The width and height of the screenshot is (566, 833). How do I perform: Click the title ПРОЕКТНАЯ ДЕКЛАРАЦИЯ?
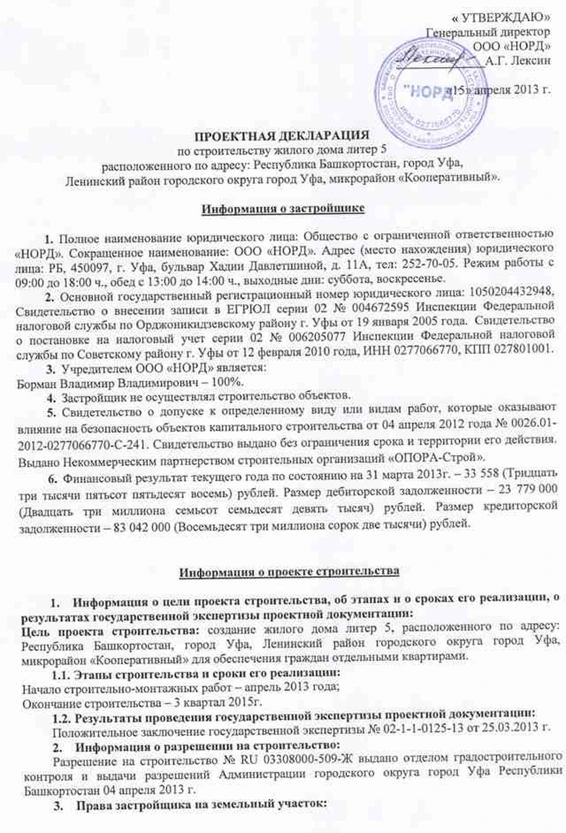pyautogui.click(x=282, y=136)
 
